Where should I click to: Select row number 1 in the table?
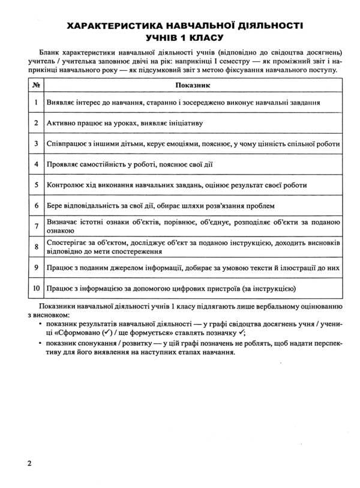pos(37,103)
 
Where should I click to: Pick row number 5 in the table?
pos(37,185)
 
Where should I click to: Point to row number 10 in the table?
pos(37,288)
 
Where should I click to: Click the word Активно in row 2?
pos(62,123)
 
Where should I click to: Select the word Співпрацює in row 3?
pos(69,144)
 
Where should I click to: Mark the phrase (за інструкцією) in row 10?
pos(269,288)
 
